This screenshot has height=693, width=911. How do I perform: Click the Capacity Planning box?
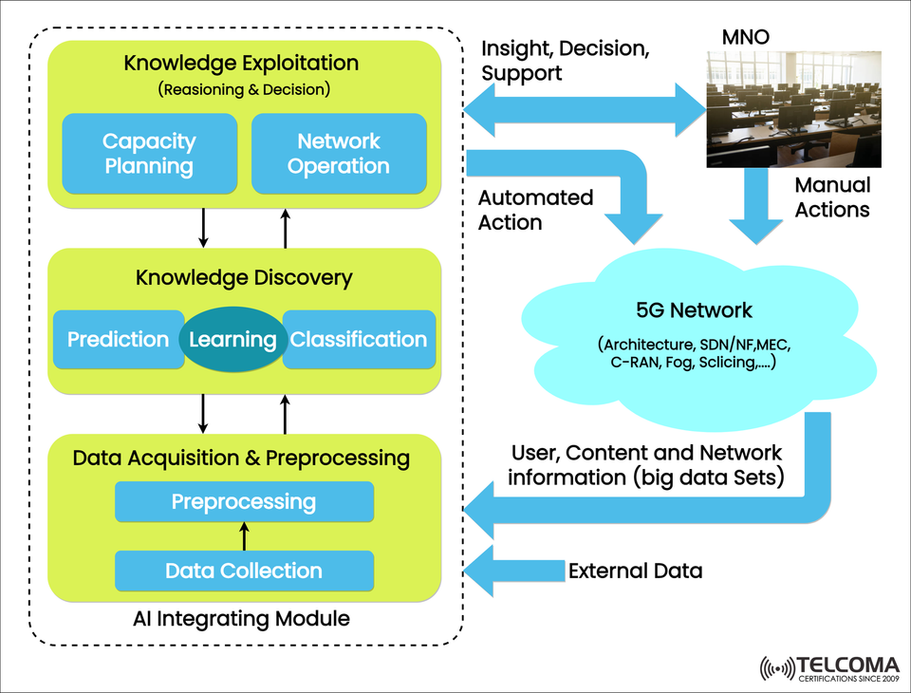click(149, 154)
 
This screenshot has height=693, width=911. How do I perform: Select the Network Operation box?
click(339, 154)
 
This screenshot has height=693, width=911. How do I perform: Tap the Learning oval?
click(232, 340)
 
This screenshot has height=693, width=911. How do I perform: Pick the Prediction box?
click(117, 340)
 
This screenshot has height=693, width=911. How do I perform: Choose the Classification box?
click(360, 340)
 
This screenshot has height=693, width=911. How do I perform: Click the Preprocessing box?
click(244, 501)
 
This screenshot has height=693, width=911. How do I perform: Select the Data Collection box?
click(244, 571)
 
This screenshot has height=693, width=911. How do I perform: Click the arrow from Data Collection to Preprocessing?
click(244, 536)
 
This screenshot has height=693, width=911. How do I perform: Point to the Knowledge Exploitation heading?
click(241, 65)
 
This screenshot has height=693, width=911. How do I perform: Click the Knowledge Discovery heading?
click(244, 278)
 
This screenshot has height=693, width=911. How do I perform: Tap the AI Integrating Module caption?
click(242, 619)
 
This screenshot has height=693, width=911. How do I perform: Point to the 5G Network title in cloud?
click(694, 310)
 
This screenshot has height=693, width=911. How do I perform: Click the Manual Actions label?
click(832, 197)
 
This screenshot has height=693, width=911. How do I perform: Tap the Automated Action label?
click(535, 210)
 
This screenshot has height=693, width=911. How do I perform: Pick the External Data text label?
click(635, 571)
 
